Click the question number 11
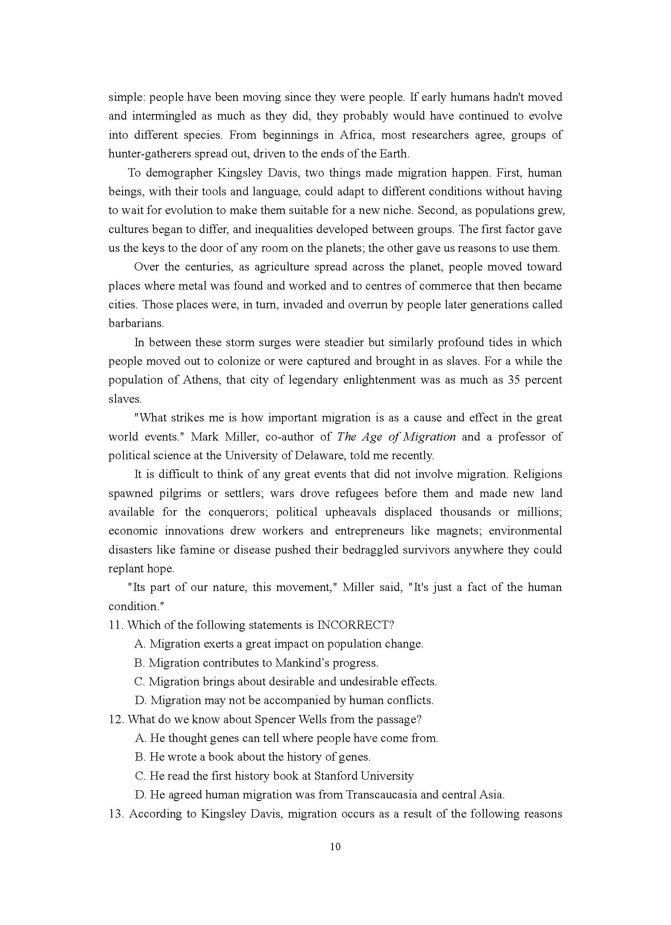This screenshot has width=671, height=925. click(x=116, y=625)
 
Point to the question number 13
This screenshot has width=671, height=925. click(x=116, y=814)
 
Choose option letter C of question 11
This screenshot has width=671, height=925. click(x=140, y=681)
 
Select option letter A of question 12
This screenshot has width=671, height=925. click(x=140, y=738)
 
